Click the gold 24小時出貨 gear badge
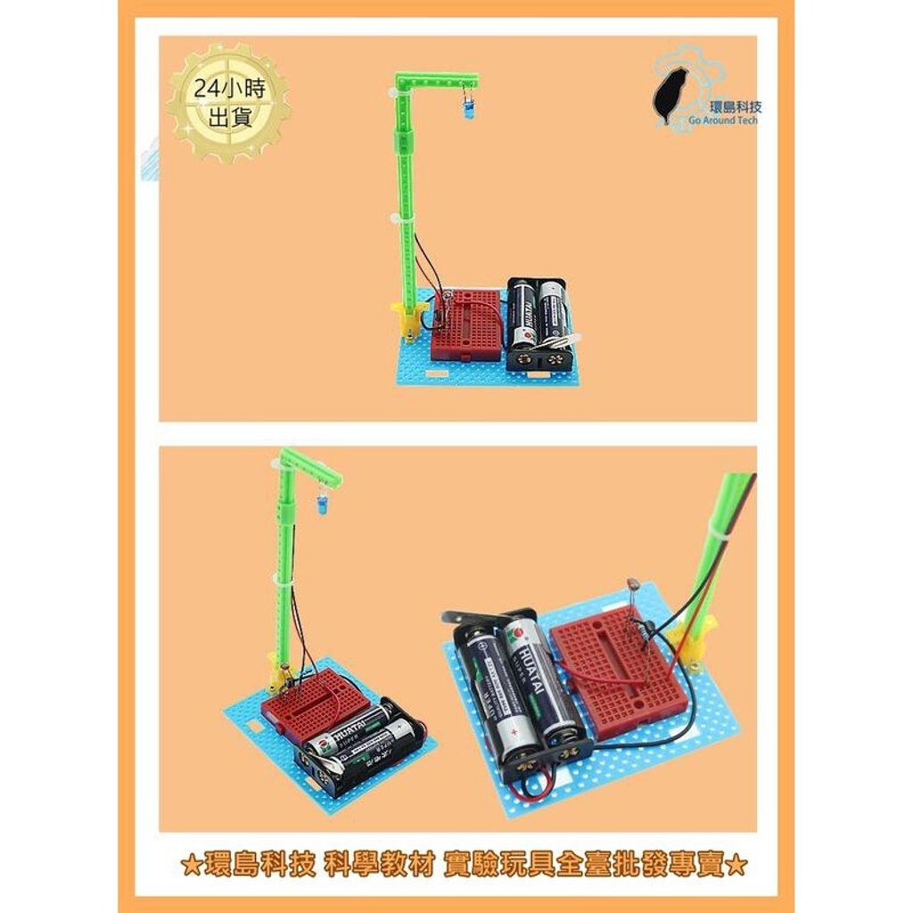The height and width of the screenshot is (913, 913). [228, 103]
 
